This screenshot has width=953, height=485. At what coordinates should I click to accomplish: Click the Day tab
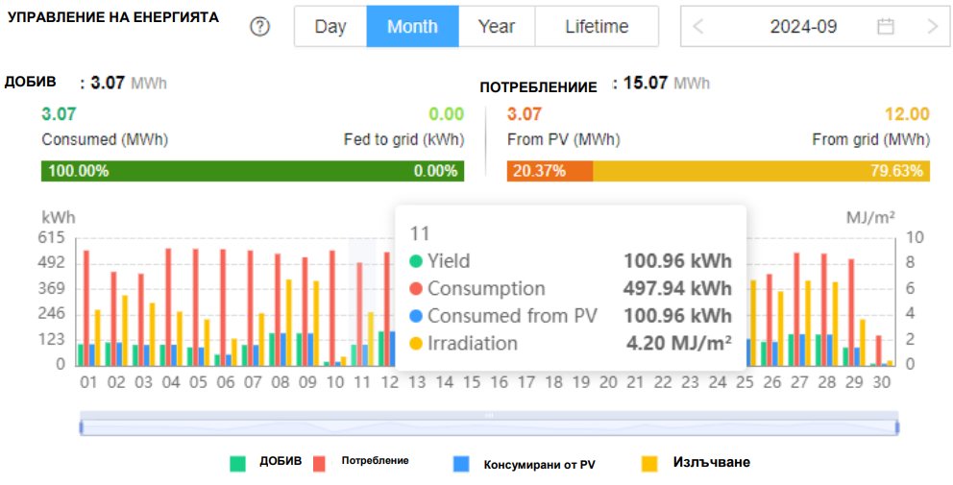coord(330,27)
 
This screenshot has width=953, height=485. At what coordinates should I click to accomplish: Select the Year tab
coord(497,27)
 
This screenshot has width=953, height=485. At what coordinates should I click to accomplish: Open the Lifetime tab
coord(597,27)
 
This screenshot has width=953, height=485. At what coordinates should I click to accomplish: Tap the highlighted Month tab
coord(413,27)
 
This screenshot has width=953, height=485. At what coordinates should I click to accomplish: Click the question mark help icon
coord(260,27)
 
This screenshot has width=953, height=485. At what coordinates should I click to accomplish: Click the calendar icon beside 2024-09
coord(886,27)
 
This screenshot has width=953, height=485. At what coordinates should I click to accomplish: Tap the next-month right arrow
coord(933,27)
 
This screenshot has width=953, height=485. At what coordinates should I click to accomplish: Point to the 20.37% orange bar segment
coord(550,171)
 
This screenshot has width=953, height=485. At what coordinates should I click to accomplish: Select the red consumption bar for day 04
coord(168,307)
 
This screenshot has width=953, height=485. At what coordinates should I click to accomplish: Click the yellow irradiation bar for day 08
coord(289,323)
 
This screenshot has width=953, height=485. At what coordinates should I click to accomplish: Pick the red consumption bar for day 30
coord(878,351)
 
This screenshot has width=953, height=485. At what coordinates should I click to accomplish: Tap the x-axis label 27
coord(799,382)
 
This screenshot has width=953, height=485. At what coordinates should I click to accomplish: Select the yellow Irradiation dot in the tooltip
coord(416,344)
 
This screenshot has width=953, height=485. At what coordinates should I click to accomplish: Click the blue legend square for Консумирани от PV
coord(461,464)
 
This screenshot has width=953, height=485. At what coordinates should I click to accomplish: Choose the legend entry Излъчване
coord(711,463)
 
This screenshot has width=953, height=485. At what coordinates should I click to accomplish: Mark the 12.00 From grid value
coord(908,114)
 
